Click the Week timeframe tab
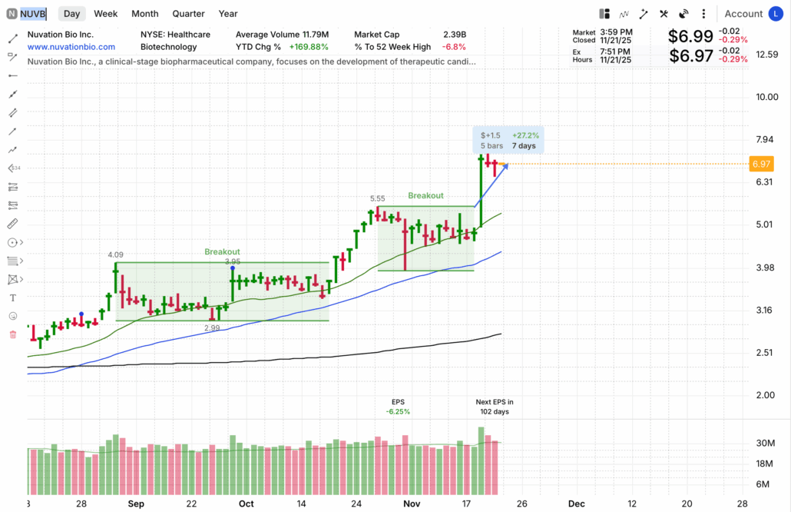[x=105, y=14]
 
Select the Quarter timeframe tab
[x=188, y=14]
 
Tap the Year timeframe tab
[x=228, y=14]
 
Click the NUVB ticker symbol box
[x=33, y=14]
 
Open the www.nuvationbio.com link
[x=71, y=47]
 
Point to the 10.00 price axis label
[x=766, y=97]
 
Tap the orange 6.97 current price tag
[x=761, y=164]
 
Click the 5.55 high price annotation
[x=377, y=198]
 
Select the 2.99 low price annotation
[x=212, y=328]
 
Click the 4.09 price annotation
[x=115, y=254]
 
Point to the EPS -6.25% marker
[x=398, y=407]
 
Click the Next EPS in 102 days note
[x=494, y=407]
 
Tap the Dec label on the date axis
[x=576, y=504]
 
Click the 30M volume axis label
[x=765, y=443]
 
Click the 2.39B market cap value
[x=455, y=35]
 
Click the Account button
[x=743, y=14]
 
